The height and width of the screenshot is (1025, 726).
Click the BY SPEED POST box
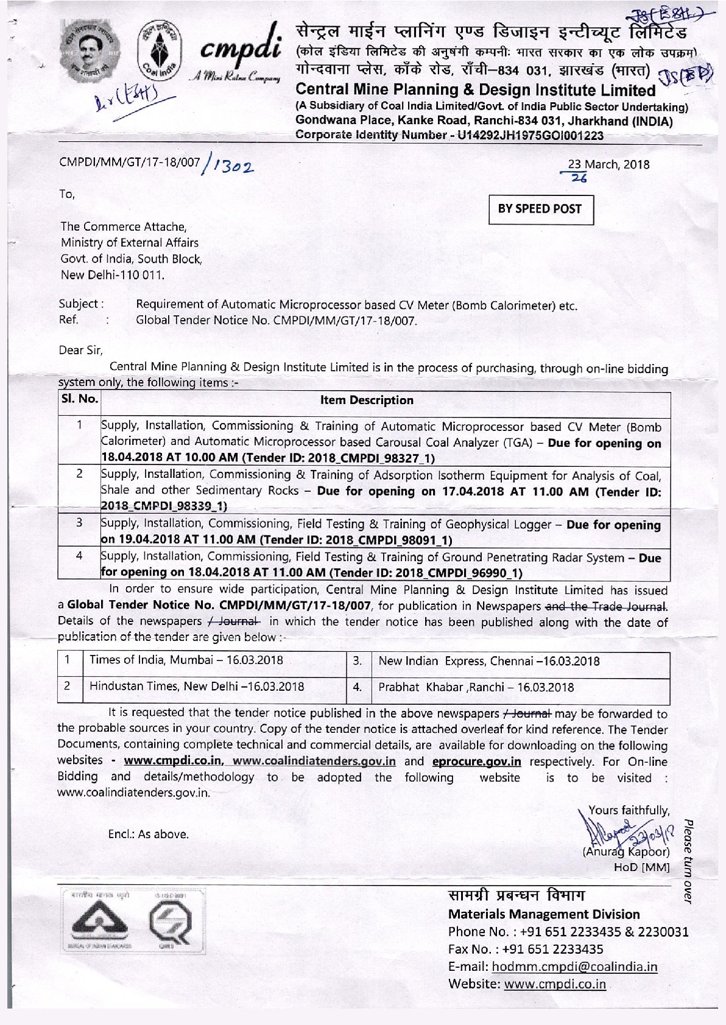click(x=540, y=209)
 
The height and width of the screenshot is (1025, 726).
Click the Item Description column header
click(x=367, y=400)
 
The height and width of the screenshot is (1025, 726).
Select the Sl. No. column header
click(x=79, y=400)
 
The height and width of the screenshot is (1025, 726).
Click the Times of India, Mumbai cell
click(x=186, y=660)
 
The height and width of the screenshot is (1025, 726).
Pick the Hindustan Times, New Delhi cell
click(x=197, y=687)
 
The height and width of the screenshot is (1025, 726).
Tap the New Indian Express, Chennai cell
click(x=489, y=661)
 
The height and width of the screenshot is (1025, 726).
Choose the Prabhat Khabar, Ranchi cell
click(x=476, y=687)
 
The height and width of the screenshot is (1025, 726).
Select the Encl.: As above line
click(x=148, y=834)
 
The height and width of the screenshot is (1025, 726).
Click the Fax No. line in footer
click(x=526, y=949)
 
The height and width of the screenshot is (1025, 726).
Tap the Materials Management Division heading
click(x=544, y=914)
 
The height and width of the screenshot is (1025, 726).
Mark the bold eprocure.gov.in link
click(x=476, y=761)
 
